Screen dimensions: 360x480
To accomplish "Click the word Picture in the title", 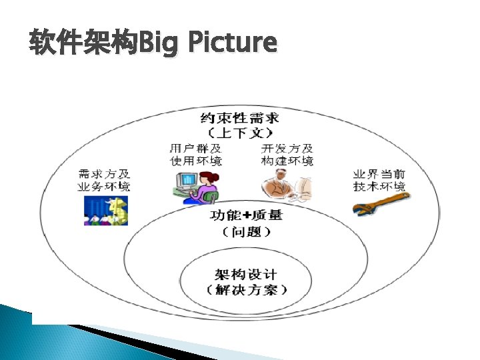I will tap(232, 42).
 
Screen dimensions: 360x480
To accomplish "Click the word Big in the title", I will tap(160, 42).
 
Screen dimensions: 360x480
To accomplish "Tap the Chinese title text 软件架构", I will tap(82, 42).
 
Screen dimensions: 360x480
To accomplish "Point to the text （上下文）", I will tap(240, 133).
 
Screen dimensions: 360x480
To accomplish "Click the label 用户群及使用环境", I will tap(195, 154).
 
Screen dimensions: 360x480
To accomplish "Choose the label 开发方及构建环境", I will tap(287, 154).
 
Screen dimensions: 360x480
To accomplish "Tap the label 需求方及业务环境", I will tap(104, 179).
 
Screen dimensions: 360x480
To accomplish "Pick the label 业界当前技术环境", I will tap(379, 179).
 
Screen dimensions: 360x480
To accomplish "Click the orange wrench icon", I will tap(381, 203).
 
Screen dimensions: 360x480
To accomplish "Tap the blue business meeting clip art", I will tap(105, 210).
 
